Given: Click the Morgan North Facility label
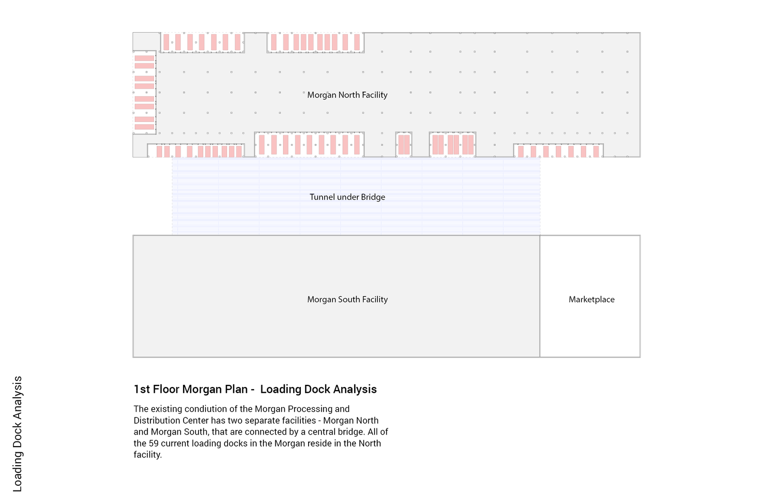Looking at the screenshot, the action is coord(348,95).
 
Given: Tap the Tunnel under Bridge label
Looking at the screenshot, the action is coord(348,197).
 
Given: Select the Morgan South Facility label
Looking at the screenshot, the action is coord(348,299).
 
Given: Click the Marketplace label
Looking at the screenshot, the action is coord(591,299).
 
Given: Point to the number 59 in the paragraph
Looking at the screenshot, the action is coord(154,443).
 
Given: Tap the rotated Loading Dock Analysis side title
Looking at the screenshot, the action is coord(17,434).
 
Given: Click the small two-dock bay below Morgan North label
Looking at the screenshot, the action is coord(404,145).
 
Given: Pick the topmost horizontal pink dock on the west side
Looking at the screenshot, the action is coord(145,59).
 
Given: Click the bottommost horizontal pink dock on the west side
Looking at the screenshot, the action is coord(145,127).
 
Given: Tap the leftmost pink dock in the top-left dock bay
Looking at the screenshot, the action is coord(166,42).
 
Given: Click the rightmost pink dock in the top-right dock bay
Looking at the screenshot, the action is coord(357,42).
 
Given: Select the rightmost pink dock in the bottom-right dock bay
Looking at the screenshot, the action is coord(596,152).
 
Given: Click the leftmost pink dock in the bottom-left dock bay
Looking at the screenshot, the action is coord(159,152).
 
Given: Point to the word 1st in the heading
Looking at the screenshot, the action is coord(142,389).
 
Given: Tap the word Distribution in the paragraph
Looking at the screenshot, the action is coord(154,421).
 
